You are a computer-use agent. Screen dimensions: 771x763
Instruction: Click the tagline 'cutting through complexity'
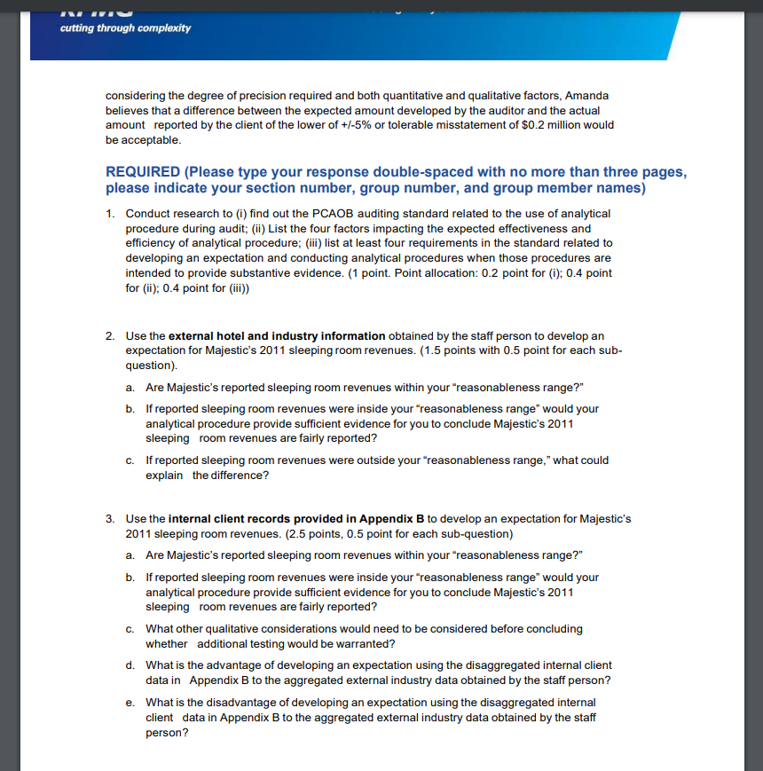(x=125, y=28)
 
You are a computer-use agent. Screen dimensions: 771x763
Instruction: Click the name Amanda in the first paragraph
(x=586, y=95)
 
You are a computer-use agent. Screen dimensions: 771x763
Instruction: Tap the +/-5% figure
(x=381, y=125)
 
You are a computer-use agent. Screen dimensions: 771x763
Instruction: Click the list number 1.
(x=108, y=214)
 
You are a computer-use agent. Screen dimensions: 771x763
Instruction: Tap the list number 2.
(x=108, y=335)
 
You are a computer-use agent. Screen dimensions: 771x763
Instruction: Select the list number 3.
(x=108, y=518)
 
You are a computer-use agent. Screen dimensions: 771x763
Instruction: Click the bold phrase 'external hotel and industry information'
(x=277, y=335)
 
